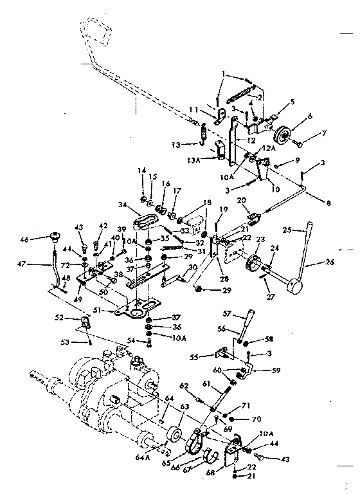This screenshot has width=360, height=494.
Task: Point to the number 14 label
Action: coord(141,170)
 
